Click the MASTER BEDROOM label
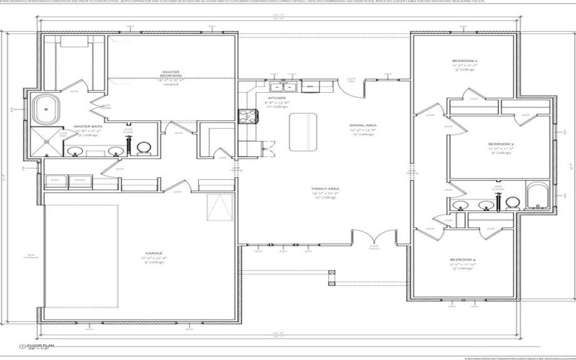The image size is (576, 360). click(x=171, y=73)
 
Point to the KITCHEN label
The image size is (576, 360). click(x=277, y=97)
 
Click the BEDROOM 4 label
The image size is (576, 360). click(x=464, y=258)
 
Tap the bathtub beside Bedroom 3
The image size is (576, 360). click(x=537, y=196)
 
